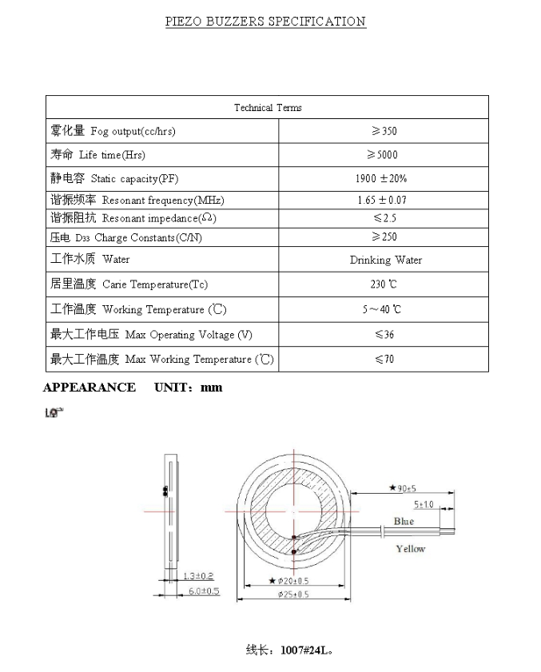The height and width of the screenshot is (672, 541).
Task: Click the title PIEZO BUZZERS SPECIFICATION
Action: point(265,22)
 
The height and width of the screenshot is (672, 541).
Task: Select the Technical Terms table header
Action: point(268,108)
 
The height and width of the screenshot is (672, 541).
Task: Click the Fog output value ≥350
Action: point(384,131)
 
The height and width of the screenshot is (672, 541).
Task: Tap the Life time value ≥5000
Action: point(383,155)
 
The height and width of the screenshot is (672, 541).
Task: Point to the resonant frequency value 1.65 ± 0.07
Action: point(382,200)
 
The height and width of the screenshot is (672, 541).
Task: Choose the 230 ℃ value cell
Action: point(383,284)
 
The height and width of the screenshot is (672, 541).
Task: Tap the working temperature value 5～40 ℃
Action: point(382,309)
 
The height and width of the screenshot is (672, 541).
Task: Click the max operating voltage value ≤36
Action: point(384,335)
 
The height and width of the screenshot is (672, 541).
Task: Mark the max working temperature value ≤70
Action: point(384,360)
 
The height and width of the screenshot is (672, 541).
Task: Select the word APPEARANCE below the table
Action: point(89,388)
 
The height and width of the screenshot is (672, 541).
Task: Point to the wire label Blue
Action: point(404,521)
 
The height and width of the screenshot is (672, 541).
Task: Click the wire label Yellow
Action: point(411,549)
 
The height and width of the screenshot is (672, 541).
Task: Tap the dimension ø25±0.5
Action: point(293,594)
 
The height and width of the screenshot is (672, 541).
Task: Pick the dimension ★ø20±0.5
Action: point(290,581)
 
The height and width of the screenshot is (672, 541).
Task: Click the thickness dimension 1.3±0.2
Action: point(198,576)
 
